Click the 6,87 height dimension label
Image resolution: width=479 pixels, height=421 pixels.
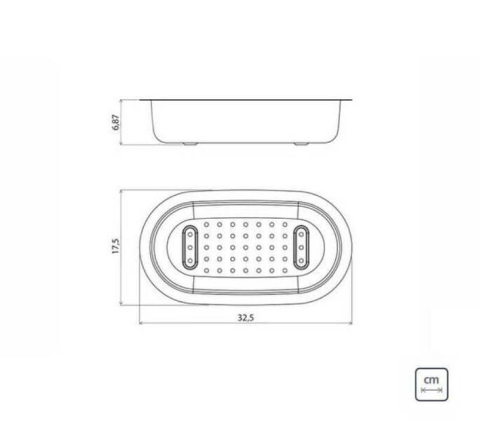tap(116, 123)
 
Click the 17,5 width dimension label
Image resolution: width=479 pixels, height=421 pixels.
tap(116, 246)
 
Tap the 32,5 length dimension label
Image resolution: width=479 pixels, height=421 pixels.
tap(245, 318)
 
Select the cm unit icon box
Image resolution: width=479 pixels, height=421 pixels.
tap(431, 384)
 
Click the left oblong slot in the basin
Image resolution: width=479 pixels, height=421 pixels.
tap(190, 247)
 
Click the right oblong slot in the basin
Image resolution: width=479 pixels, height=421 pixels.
tap(301, 247)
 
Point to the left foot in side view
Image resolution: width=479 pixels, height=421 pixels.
tap(190, 144)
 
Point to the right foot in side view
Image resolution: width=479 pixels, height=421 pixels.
tap(301, 144)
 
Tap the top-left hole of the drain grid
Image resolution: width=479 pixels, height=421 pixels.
tap(207, 225)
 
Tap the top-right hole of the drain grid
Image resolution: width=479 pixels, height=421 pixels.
tap(285, 225)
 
